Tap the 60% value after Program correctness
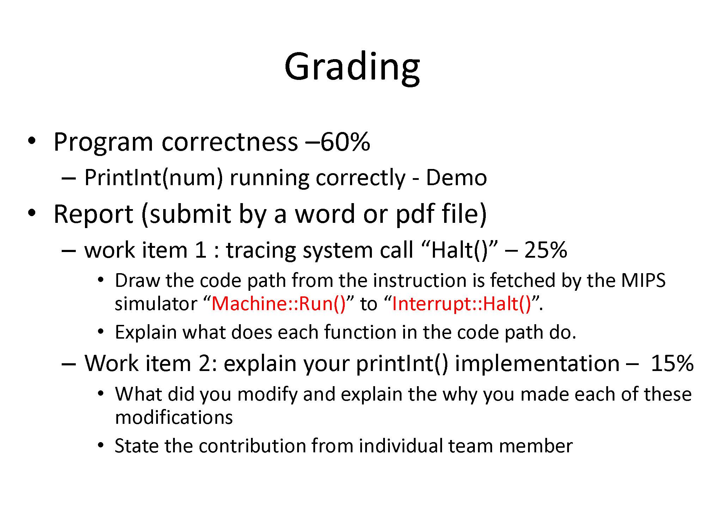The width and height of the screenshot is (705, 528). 345,142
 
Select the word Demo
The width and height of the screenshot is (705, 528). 456,177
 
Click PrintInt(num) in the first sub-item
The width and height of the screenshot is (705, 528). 154,178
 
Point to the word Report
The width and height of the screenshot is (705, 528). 93,214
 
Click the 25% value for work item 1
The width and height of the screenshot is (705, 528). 546,250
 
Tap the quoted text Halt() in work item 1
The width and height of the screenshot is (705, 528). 460,250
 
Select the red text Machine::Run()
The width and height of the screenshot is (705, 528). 279,303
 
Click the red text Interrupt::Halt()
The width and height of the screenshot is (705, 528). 461,303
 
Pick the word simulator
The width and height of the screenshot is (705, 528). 156,303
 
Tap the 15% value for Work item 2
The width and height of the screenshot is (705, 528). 672,363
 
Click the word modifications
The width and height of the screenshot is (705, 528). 174,417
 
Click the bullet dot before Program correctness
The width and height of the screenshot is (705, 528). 32,142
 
